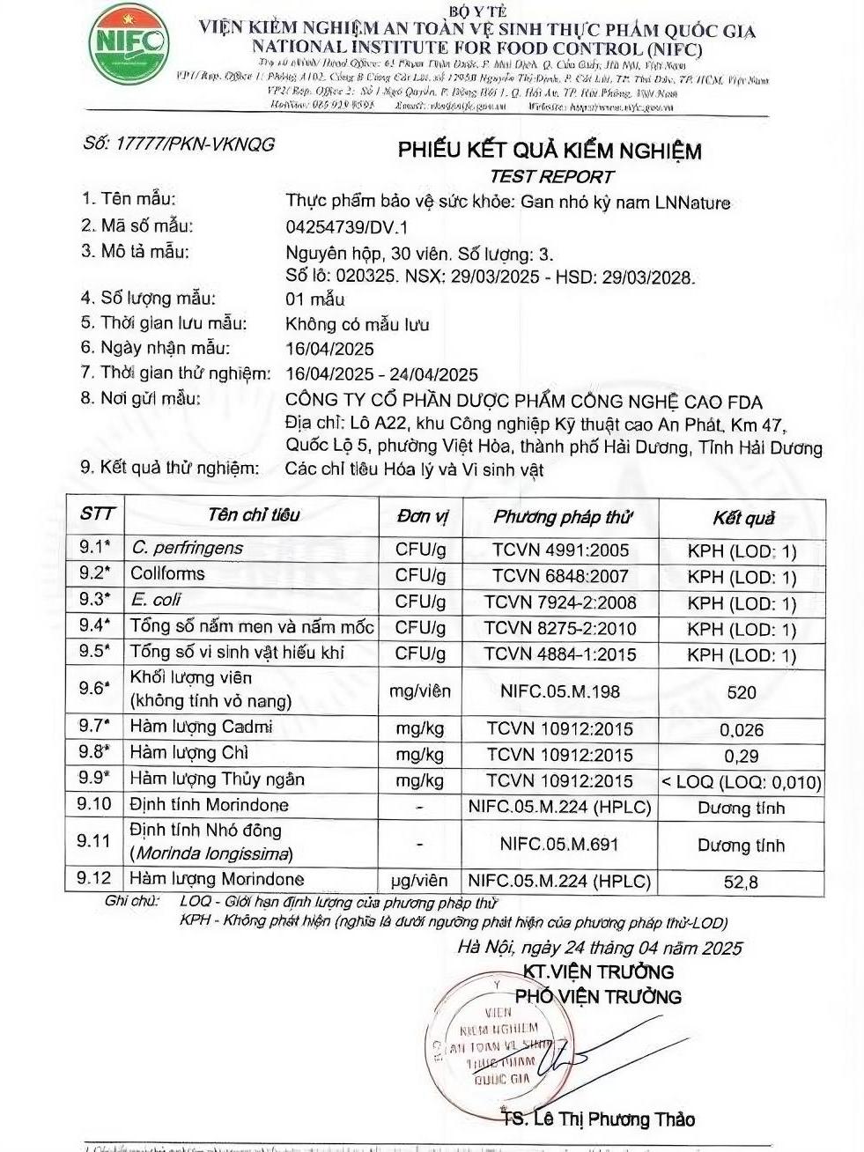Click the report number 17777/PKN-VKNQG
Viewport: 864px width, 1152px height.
pyautogui.click(x=178, y=144)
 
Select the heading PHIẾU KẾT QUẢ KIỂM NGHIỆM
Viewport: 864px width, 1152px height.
pyautogui.click(x=550, y=151)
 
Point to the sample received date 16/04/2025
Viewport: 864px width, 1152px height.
pyautogui.click(x=330, y=350)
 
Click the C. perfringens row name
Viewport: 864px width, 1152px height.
pyautogui.click(x=187, y=549)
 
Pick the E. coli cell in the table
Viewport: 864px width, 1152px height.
pyautogui.click(x=156, y=600)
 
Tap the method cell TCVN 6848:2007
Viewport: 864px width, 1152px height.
pyautogui.click(x=560, y=577)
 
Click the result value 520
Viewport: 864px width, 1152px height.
pyautogui.click(x=742, y=692)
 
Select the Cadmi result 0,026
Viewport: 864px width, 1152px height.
pyautogui.click(x=742, y=730)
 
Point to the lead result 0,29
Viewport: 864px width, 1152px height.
pyautogui.click(x=742, y=756)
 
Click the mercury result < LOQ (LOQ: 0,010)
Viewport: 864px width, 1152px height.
pyautogui.click(x=742, y=781)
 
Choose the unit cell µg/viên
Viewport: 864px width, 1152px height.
pyautogui.click(x=419, y=880)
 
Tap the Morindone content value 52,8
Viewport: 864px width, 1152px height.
pyautogui.click(x=741, y=882)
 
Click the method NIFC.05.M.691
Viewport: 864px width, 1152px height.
pyautogui.click(x=559, y=844)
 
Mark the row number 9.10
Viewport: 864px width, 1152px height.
pyautogui.click(x=94, y=804)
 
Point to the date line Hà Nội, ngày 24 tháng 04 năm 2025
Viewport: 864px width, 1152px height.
pyautogui.click(x=599, y=948)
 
